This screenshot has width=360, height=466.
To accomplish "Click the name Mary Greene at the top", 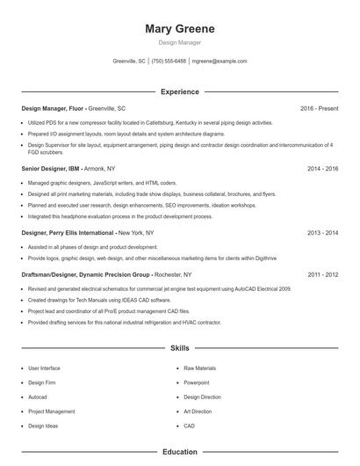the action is click(179, 29).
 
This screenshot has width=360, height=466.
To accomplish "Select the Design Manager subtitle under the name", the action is click(179, 42).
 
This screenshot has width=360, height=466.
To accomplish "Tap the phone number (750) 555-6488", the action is click(169, 62).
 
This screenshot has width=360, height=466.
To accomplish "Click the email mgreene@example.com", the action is click(219, 62).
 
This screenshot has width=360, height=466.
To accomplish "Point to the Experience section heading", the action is click(179, 91).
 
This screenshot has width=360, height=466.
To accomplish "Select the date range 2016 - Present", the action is click(319, 108).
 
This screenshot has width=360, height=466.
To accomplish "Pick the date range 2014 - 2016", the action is click(322, 168).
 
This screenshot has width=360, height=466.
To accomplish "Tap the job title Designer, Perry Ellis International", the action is click(68, 233).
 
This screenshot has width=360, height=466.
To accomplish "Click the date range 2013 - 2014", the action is click(322, 233).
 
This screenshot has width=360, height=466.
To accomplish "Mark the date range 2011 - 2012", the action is click(322, 274).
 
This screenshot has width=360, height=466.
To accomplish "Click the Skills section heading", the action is click(179, 348).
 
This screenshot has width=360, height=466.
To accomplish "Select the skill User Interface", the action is click(44, 368).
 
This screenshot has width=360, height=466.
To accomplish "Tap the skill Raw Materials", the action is click(199, 368).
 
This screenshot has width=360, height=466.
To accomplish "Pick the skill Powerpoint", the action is click(196, 382).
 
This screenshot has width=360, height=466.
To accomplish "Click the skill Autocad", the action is click(38, 397).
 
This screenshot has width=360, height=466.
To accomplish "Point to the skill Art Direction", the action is click(198, 411).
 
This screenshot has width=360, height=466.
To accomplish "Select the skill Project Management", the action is click(51, 411).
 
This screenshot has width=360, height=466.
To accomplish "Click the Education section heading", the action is click(179, 452).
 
